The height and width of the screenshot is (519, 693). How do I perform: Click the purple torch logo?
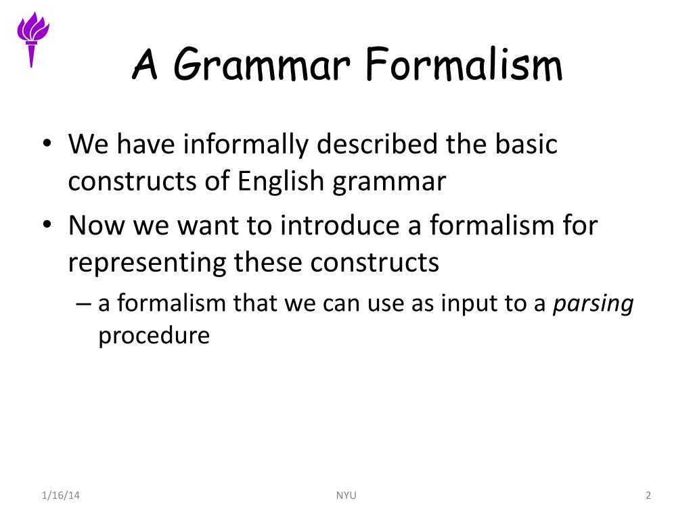point(32,39)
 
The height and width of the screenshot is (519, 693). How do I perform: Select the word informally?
point(246,145)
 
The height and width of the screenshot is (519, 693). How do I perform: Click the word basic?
point(526,144)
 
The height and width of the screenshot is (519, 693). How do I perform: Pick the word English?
point(281,182)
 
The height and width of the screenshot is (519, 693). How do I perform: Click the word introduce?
point(340,225)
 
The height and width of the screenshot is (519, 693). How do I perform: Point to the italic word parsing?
point(594,304)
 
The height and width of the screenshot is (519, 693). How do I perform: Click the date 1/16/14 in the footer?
point(60,495)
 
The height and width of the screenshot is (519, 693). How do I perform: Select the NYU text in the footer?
point(346,495)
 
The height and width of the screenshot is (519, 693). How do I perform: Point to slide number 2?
point(648,495)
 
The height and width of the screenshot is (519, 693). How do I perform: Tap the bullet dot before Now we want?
point(47,224)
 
